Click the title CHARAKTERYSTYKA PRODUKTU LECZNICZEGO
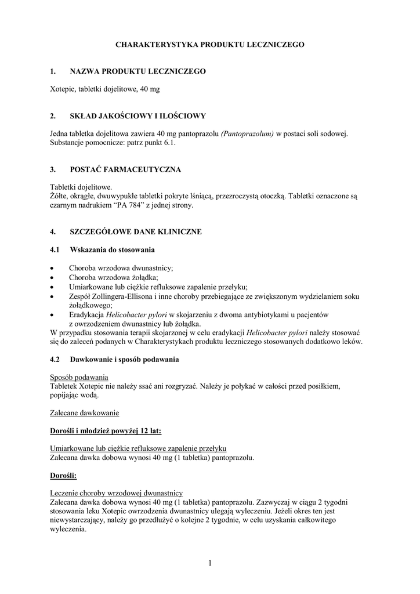tap(209, 44)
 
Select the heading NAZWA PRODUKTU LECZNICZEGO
tap(137, 71)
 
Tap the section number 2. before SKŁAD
tap(53, 116)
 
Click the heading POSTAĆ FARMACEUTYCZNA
tap(125, 169)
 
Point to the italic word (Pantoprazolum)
tap(247, 134)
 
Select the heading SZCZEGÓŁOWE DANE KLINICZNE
tap(136, 232)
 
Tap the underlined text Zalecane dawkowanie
tap(84, 412)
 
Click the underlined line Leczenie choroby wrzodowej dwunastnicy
tap(117, 492)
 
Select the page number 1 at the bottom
tap(210, 562)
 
